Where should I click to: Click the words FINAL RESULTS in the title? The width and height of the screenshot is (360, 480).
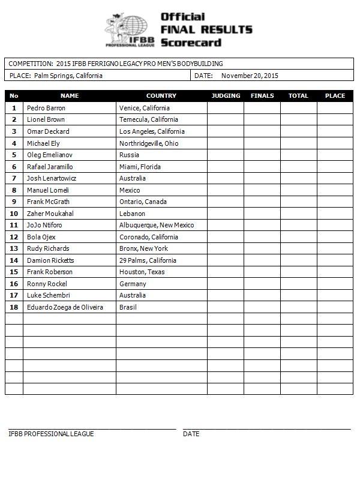[x=206, y=29]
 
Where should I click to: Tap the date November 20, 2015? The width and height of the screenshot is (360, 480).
[x=250, y=76]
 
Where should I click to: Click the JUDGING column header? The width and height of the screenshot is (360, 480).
[x=226, y=95]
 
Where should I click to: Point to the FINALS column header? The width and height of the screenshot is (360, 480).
[x=262, y=95]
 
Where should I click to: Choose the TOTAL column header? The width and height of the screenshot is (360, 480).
[x=298, y=95]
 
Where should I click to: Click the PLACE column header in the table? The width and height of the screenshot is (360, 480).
[x=335, y=95]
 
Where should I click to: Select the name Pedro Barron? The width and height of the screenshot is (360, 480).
[x=46, y=108]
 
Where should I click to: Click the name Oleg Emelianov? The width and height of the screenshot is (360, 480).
[x=51, y=155]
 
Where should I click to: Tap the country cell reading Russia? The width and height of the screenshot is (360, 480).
[x=129, y=155]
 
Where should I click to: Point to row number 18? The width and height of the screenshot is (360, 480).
[x=14, y=307]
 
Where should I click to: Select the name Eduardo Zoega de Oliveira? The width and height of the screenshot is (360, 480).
[x=65, y=307]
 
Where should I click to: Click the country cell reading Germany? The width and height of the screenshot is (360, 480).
[x=133, y=284]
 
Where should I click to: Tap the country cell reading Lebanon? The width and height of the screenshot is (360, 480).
[x=132, y=214]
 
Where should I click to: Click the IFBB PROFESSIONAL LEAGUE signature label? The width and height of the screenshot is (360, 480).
[x=51, y=434]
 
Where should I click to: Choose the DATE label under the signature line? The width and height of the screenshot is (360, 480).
[x=191, y=434]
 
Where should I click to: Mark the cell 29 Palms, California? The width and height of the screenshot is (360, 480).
[x=148, y=260]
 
